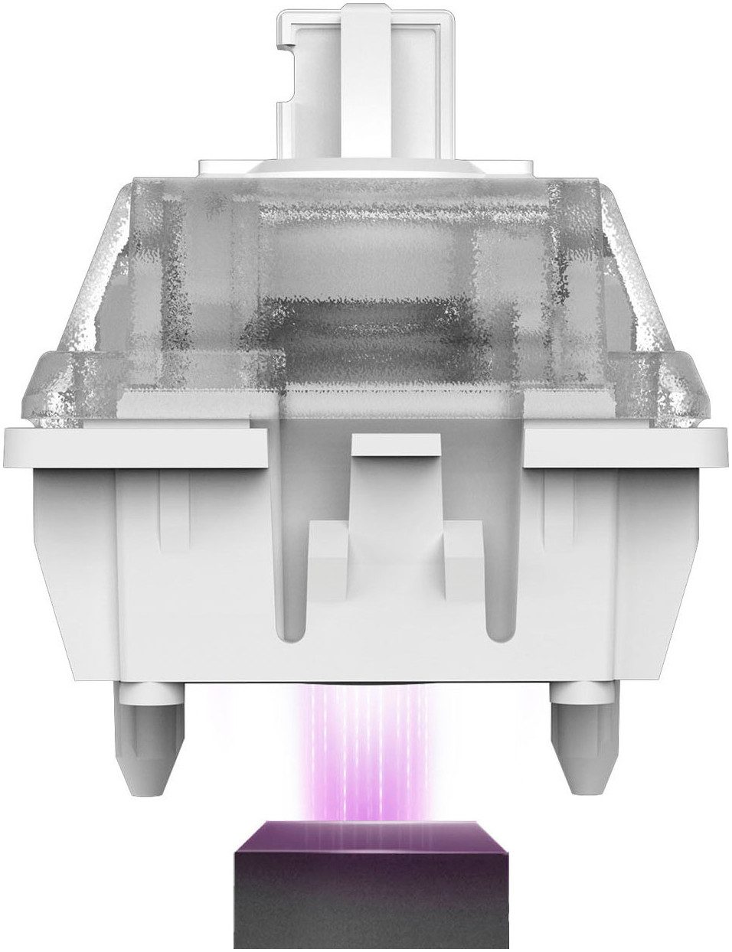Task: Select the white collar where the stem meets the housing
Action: (366, 165)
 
